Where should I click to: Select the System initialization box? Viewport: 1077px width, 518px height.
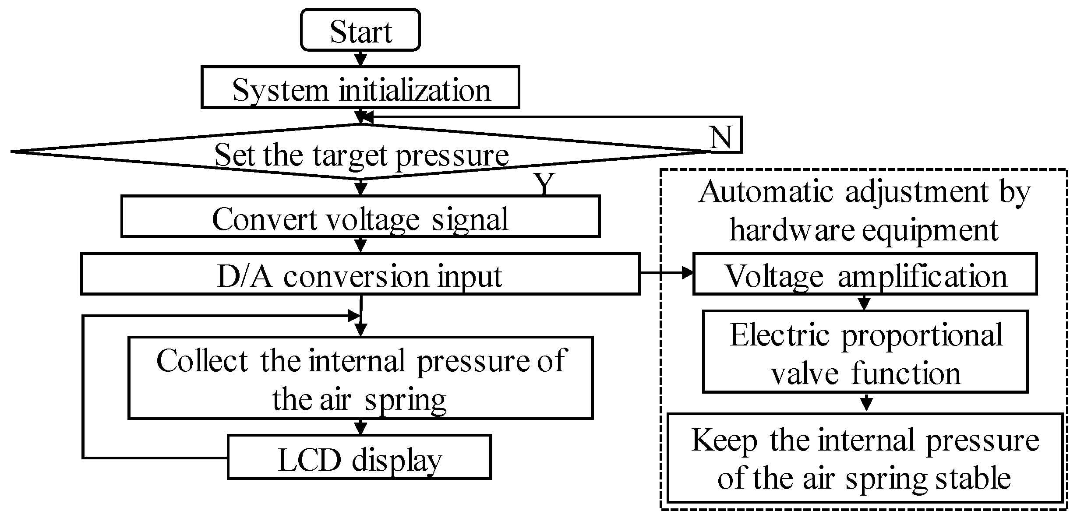pyautogui.click(x=360, y=88)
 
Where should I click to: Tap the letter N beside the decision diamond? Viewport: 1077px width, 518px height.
pyautogui.click(x=720, y=138)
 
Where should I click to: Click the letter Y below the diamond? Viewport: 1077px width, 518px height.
pyautogui.click(x=544, y=184)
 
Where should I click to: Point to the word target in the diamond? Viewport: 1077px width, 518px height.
pyautogui.click(x=350, y=155)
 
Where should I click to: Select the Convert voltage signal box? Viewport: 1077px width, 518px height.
pyautogui.click(x=360, y=217)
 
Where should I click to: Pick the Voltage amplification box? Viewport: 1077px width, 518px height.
pyautogui.click(x=865, y=274)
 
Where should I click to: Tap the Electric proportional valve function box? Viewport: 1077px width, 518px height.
pyautogui.click(x=865, y=352)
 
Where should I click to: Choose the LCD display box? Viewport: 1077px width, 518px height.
pyautogui.click(x=359, y=457)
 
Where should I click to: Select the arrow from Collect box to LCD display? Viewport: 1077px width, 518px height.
pyautogui.click(x=360, y=427)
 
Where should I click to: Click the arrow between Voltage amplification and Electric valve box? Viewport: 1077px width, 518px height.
pyautogui.click(x=864, y=303)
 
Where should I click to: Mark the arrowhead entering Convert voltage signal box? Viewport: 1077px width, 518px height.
pyautogui.click(x=360, y=188)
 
